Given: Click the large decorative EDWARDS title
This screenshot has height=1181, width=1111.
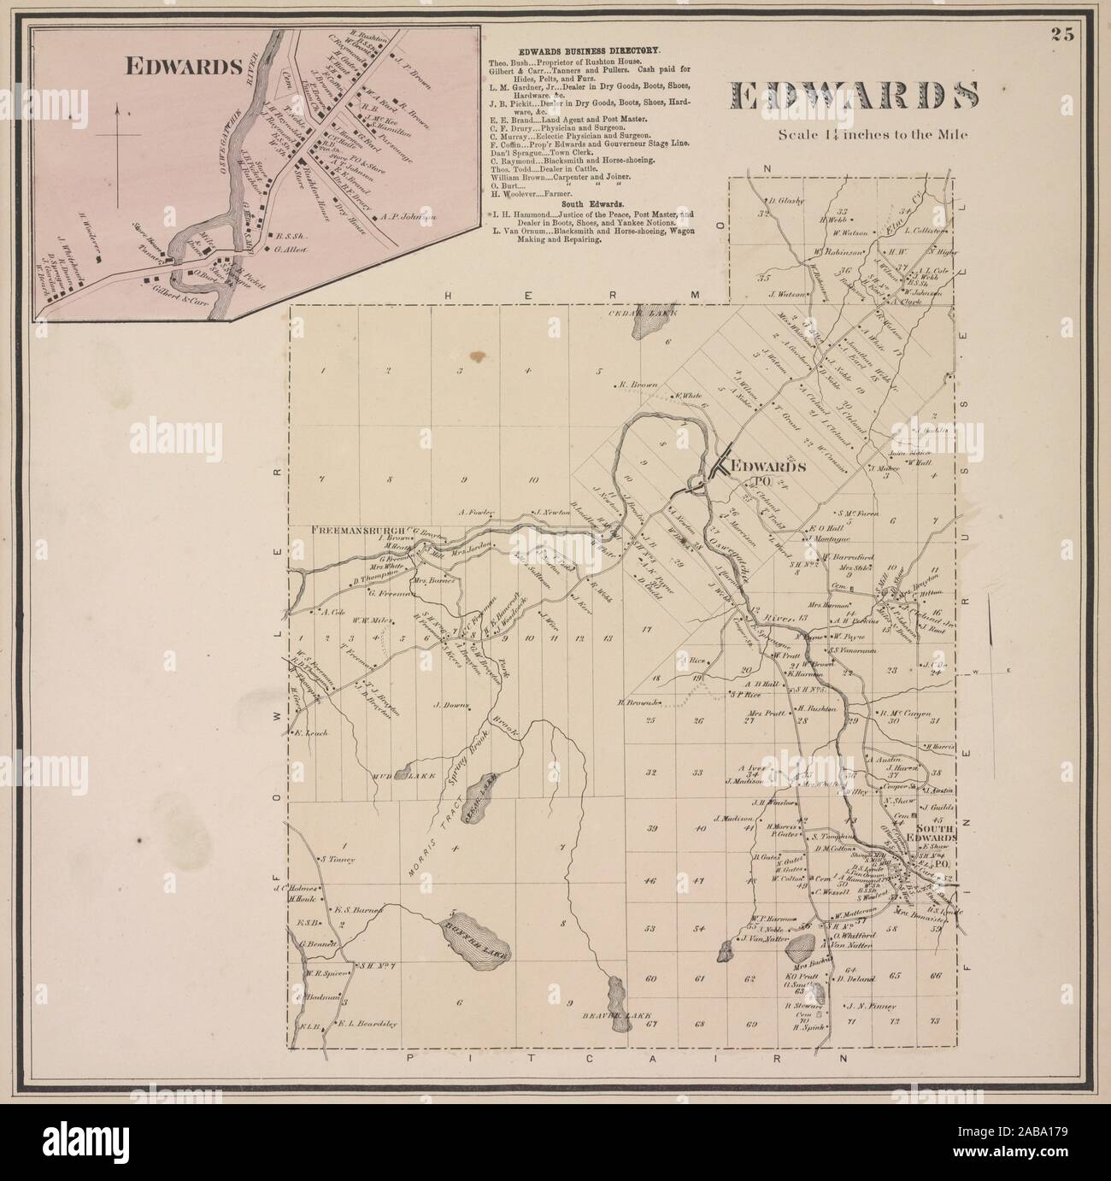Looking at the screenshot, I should [x=852, y=96].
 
